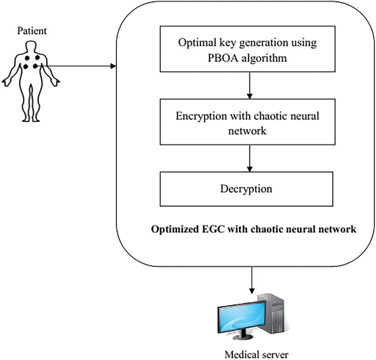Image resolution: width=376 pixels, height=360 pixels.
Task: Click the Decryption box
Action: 246,189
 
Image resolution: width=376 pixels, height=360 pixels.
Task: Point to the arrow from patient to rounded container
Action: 81,67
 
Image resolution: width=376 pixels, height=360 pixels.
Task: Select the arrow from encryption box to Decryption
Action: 250,158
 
